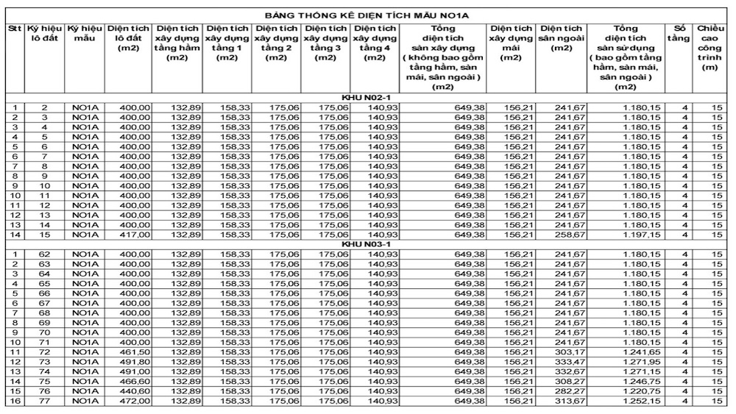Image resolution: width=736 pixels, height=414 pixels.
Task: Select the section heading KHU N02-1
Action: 367,98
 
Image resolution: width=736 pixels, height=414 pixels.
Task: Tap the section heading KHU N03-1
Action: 367,243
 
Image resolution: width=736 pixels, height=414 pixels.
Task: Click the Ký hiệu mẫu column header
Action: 85,33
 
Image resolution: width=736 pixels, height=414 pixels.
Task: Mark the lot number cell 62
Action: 45,254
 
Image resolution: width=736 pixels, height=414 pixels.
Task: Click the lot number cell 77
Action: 45,401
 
